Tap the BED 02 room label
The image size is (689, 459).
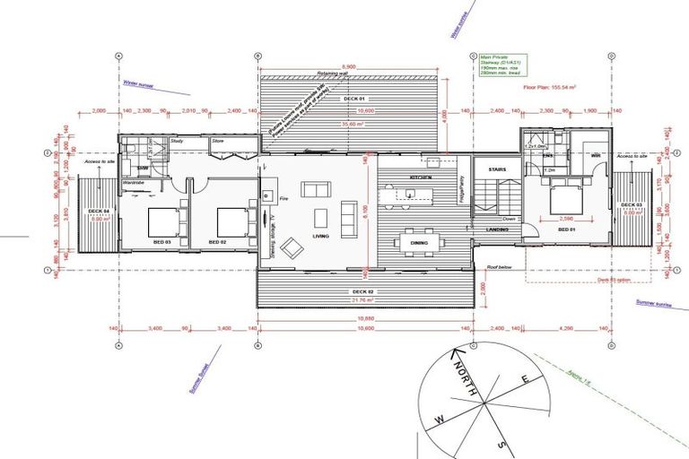[218, 242]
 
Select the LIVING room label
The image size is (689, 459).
[321, 237]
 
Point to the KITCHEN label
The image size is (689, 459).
[421, 178]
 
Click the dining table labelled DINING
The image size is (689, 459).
[419, 242]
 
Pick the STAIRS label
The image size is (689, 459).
[498, 169]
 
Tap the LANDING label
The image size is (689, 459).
[498, 229]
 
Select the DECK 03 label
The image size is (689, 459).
[631, 205]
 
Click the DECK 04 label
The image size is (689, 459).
[98, 212]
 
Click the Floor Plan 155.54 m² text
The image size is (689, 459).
[548, 88]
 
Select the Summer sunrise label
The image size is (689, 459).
[653, 304]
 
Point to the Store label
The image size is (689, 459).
[218, 142]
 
